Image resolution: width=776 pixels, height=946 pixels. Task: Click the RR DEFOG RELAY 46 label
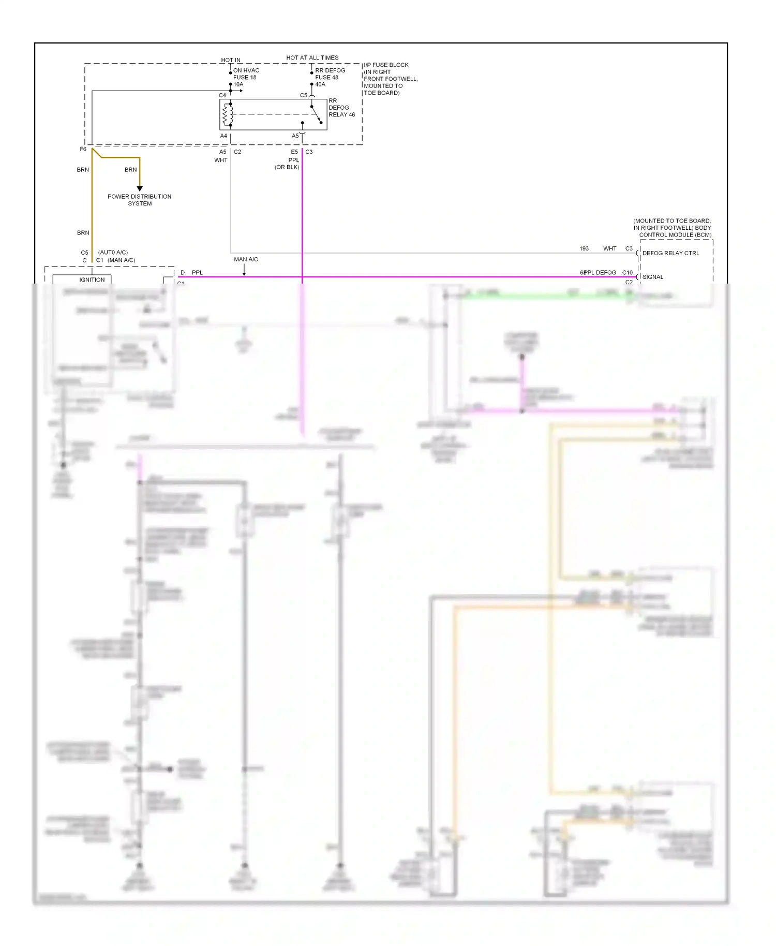(x=341, y=108)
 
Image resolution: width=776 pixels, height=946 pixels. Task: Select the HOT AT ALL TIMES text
(x=312, y=58)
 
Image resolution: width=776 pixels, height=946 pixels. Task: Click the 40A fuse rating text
(x=320, y=84)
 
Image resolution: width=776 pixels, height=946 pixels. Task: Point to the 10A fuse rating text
(x=238, y=84)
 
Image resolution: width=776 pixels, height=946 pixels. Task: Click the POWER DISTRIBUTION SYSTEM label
(x=139, y=200)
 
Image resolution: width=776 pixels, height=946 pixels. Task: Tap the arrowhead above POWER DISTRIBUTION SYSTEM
(x=140, y=188)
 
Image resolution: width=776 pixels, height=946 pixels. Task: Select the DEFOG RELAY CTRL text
(x=670, y=253)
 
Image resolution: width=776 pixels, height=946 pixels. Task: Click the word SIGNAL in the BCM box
(x=652, y=277)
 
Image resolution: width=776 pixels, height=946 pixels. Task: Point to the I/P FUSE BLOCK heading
(x=386, y=65)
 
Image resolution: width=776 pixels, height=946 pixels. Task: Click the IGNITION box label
(x=92, y=279)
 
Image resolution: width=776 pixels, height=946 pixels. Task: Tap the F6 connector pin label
(x=83, y=149)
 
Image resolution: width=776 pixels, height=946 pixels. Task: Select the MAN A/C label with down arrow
(x=246, y=259)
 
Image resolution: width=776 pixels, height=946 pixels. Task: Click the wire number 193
(x=584, y=248)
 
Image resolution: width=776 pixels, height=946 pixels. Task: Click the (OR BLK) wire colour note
(x=287, y=167)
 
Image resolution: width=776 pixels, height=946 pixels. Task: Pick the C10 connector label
(x=627, y=272)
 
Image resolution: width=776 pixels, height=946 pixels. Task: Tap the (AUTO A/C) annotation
(x=113, y=253)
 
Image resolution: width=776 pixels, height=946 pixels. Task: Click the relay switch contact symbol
(x=316, y=114)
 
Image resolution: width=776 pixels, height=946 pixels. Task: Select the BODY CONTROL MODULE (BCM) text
(x=675, y=231)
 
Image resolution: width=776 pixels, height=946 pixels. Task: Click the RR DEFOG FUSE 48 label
(x=330, y=74)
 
